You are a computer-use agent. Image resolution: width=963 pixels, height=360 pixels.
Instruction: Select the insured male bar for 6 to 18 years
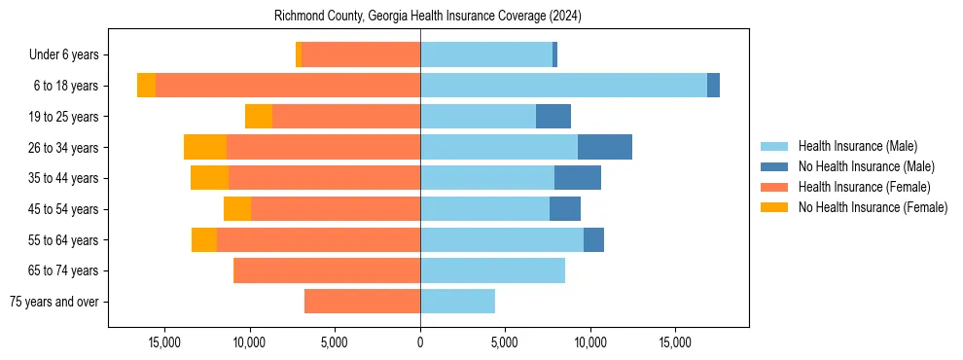click(x=563, y=86)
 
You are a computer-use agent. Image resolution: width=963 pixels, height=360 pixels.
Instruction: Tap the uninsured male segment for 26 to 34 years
click(x=604, y=147)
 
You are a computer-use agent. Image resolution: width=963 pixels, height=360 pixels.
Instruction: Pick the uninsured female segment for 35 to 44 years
click(x=209, y=178)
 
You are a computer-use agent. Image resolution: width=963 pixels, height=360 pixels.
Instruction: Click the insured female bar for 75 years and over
click(x=362, y=302)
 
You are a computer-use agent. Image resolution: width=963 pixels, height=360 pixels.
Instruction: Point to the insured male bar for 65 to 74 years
click(x=492, y=270)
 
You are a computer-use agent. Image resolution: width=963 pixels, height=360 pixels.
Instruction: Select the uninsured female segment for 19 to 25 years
click(x=259, y=117)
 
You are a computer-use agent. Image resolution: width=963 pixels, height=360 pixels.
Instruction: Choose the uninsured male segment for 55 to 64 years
click(x=593, y=239)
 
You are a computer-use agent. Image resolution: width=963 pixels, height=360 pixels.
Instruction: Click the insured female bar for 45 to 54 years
click(x=336, y=209)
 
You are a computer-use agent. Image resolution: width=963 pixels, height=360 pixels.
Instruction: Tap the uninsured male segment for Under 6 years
click(x=554, y=54)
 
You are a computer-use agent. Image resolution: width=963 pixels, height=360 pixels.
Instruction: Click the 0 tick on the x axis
click(x=420, y=342)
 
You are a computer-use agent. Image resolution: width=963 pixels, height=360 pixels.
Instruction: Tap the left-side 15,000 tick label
click(x=165, y=342)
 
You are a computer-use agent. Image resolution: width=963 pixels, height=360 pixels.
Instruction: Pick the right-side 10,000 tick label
click(x=590, y=342)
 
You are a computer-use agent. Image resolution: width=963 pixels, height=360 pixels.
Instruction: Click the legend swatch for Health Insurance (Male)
click(x=774, y=146)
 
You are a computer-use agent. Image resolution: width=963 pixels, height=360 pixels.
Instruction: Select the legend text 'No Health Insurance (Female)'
click(x=872, y=207)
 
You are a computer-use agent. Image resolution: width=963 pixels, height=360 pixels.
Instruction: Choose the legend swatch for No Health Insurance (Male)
click(x=774, y=166)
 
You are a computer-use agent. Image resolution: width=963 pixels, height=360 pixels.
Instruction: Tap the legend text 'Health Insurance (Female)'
click(x=864, y=187)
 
